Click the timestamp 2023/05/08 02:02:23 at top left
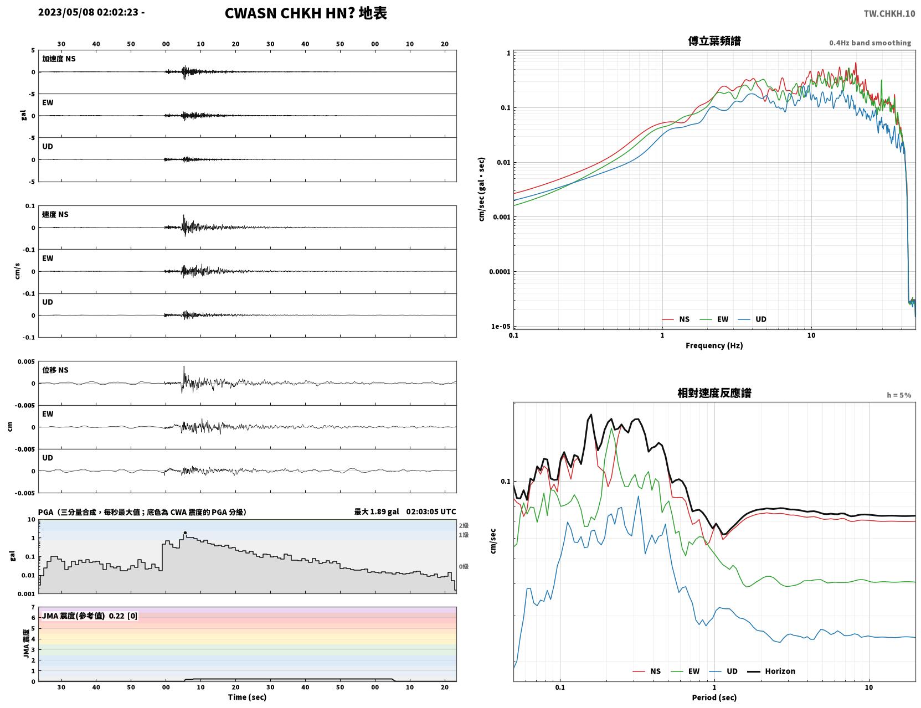click(88, 12)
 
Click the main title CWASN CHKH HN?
click(290, 13)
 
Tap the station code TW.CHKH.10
click(889, 13)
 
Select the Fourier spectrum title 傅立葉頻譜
click(714, 41)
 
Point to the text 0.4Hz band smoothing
click(869, 43)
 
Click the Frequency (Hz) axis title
click(714, 345)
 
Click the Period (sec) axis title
click(714, 697)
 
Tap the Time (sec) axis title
click(247, 697)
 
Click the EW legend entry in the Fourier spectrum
click(714, 319)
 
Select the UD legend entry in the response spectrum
click(723, 671)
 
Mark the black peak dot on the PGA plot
click(185, 533)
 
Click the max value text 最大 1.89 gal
click(377, 511)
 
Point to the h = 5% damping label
click(898, 395)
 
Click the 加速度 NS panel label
click(59, 59)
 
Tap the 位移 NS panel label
click(55, 370)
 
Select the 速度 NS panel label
click(55, 214)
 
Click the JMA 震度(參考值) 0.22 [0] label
click(89, 616)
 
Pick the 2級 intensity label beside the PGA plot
click(464, 525)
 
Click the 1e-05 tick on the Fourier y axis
click(501, 327)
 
